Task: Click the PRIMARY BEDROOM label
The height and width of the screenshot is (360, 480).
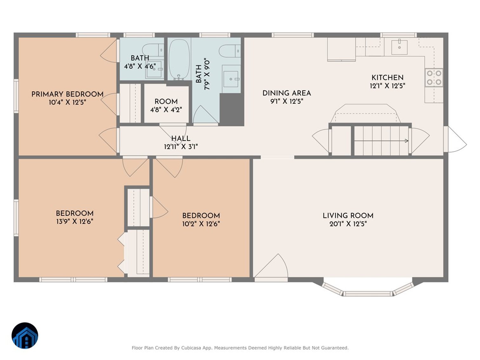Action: pyautogui.click(x=67, y=94)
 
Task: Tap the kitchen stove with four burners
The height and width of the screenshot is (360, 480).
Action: pyautogui.click(x=434, y=78)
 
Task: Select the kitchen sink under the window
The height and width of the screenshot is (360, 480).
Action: pyautogui.click(x=399, y=47)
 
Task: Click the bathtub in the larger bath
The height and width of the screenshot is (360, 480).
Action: pyautogui.click(x=179, y=59)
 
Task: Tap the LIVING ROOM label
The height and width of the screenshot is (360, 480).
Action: pyautogui.click(x=348, y=216)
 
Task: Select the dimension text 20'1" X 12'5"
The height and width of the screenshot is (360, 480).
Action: pyautogui.click(x=348, y=224)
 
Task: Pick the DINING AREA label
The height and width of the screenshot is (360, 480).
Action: pyautogui.click(x=286, y=93)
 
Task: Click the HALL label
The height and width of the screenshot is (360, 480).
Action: pyautogui.click(x=181, y=139)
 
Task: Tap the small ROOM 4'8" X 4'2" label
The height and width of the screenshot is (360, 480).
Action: pyautogui.click(x=166, y=101)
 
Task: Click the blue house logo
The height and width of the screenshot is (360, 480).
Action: pyautogui.click(x=25, y=336)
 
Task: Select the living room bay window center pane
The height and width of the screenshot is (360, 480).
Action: pyautogui.click(x=368, y=294)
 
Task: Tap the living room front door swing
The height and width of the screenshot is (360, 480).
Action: pyautogui.click(x=271, y=268)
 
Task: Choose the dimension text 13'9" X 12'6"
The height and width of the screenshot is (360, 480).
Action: pyautogui.click(x=75, y=222)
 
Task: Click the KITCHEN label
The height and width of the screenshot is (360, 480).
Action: pyautogui.click(x=387, y=78)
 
